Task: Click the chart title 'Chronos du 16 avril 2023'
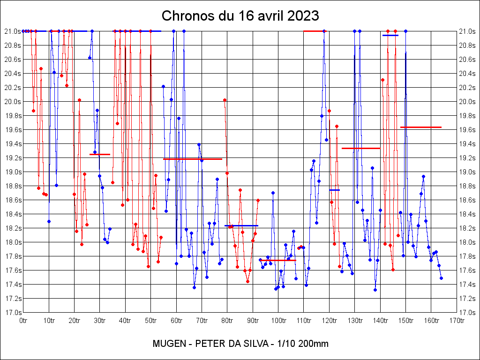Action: tap(240, 15)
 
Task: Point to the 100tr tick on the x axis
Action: tap(278, 321)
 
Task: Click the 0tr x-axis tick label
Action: tap(23, 321)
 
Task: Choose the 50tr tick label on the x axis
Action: tap(151, 321)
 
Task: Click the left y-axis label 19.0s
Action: tap(13, 172)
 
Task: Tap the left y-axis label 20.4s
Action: tap(13, 74)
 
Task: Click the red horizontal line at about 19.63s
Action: tap(421, 127)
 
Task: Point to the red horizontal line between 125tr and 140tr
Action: tap(361, 148)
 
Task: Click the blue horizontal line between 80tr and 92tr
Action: tap(241, 225)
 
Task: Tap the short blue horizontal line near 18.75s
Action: tap(334, 190)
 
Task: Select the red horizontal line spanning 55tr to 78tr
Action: tap(193, 159)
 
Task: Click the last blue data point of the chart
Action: tap(441, 278)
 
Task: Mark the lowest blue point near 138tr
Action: tap(375, 290)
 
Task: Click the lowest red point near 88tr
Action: tap(247, 281)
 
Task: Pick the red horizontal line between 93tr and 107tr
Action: tap(278, 260)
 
